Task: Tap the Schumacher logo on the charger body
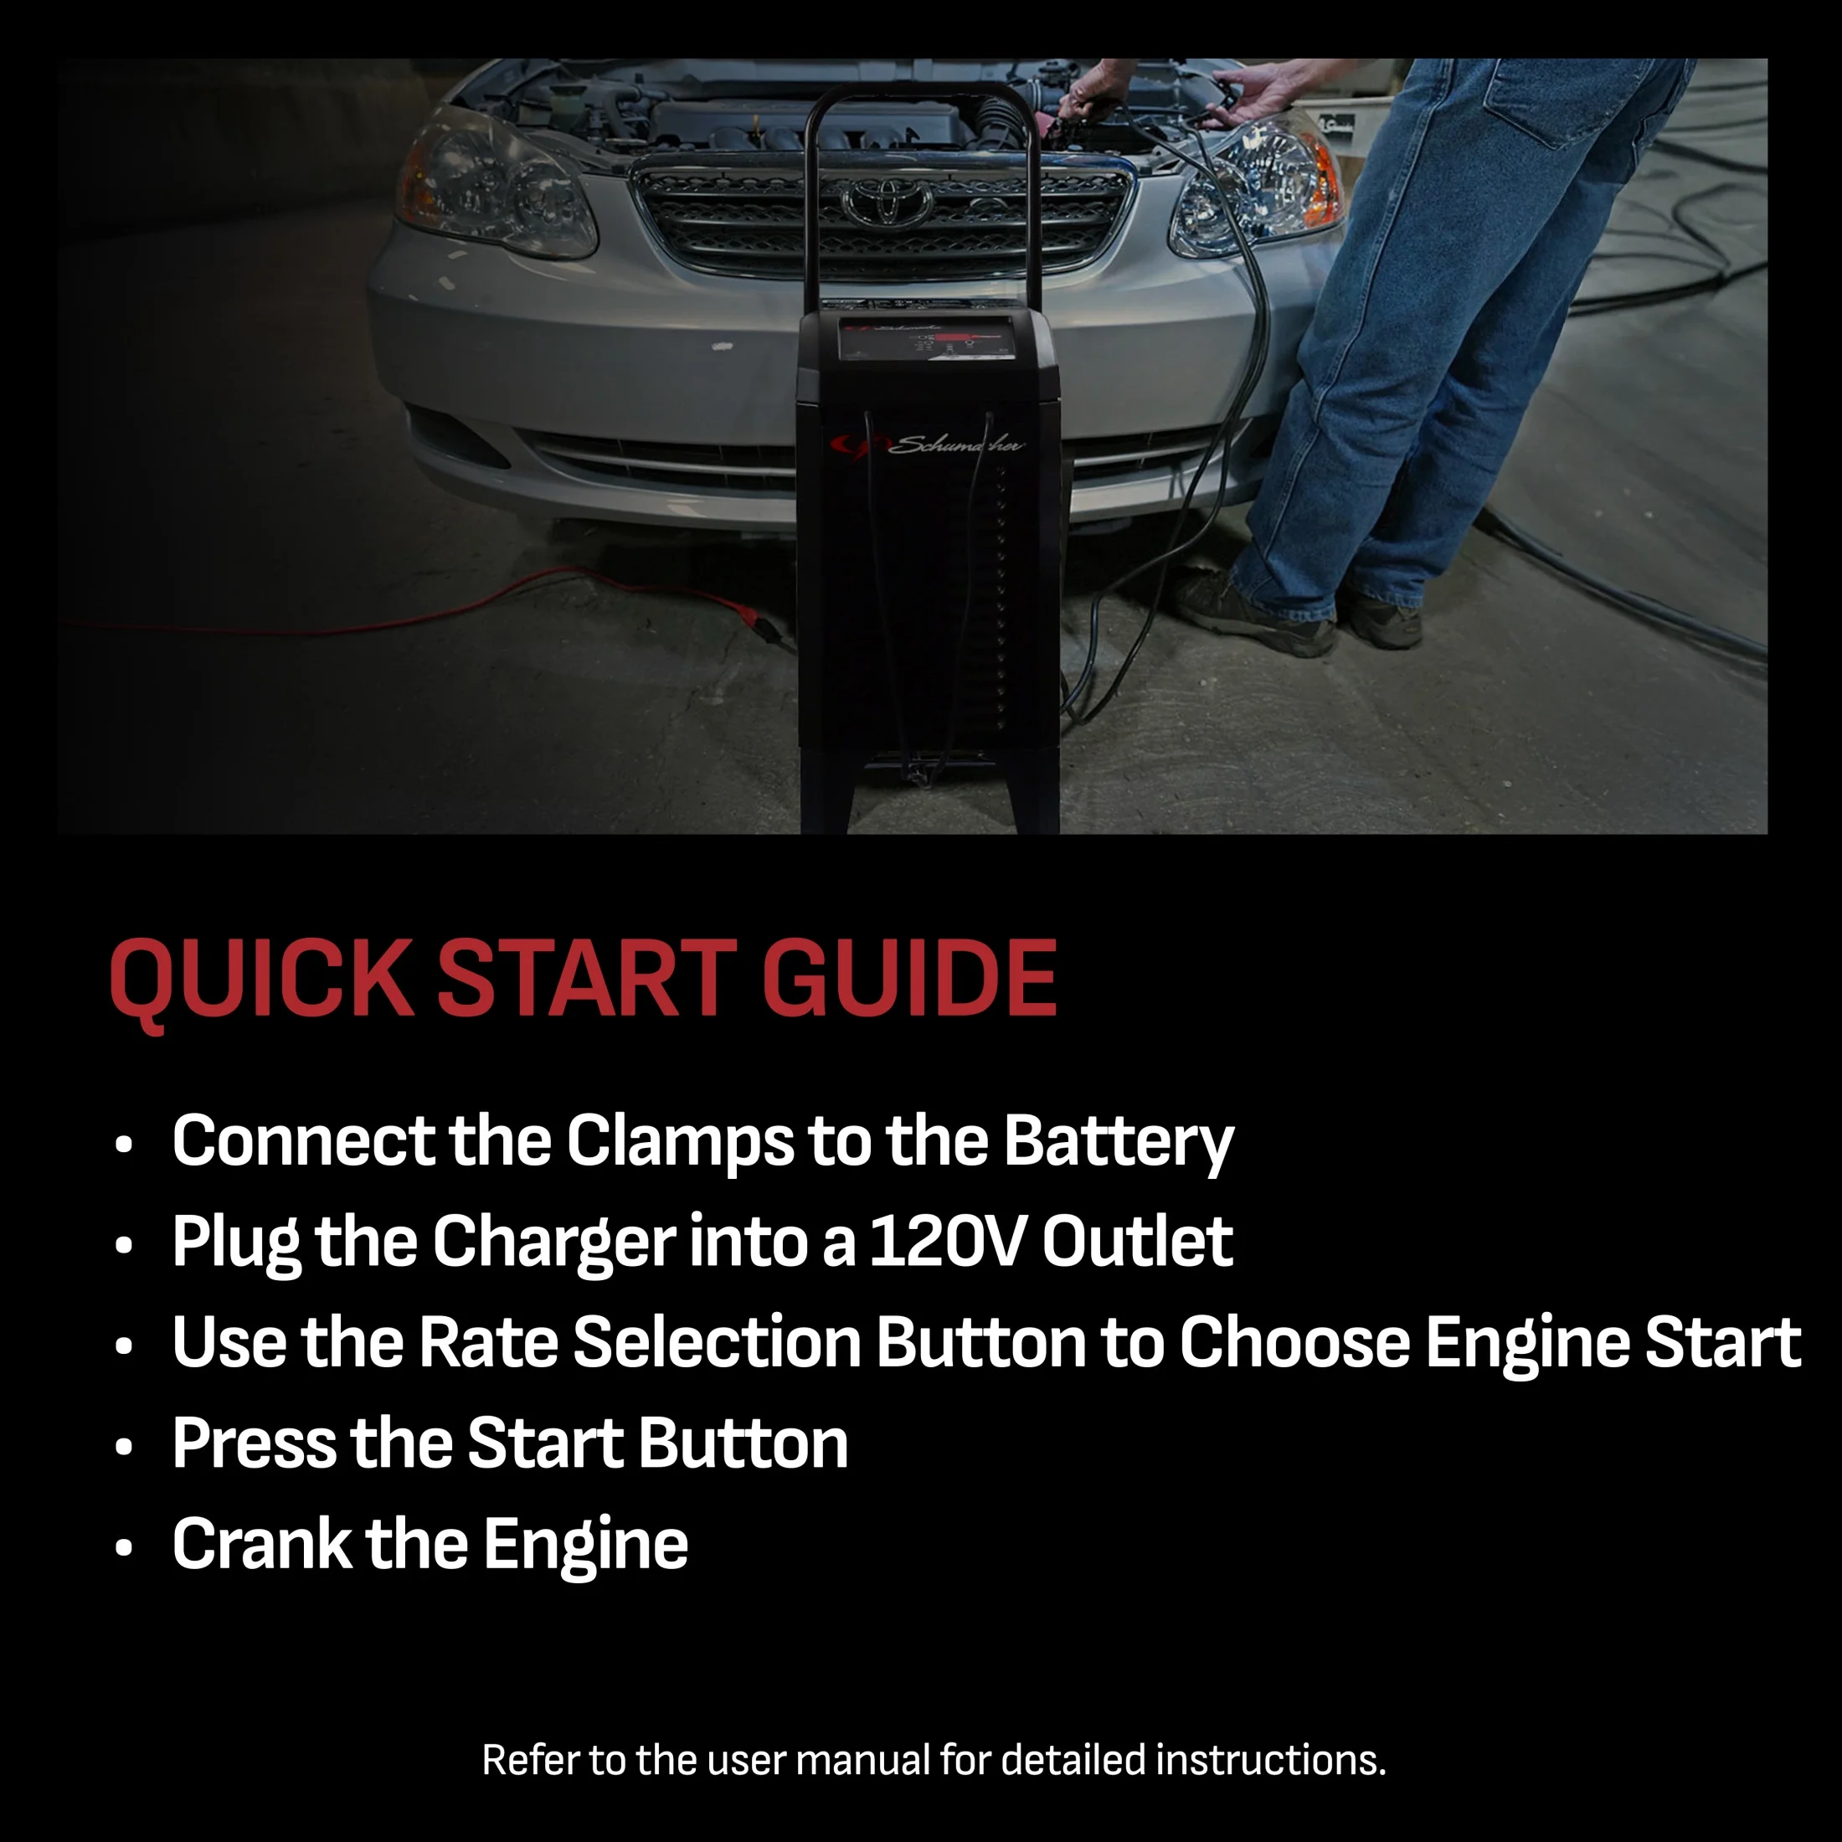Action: coord(925,445)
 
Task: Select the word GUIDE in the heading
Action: coord(909,977)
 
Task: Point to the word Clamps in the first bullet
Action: coord(680,1143)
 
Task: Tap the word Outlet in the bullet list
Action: coord(1137,1242)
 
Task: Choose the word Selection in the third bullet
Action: coord(717,1342)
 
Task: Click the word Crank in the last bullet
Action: coord(262,1545)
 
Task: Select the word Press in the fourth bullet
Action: coord(254,1443)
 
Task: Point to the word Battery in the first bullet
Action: coord(1119,1143)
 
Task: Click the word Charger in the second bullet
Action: coord(554,1243)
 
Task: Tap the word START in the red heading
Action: coord(586,977)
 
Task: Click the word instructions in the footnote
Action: coord(1271,1760)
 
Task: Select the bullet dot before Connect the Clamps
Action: coord(123,1145)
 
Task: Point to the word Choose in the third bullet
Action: coord(1294,1342)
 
